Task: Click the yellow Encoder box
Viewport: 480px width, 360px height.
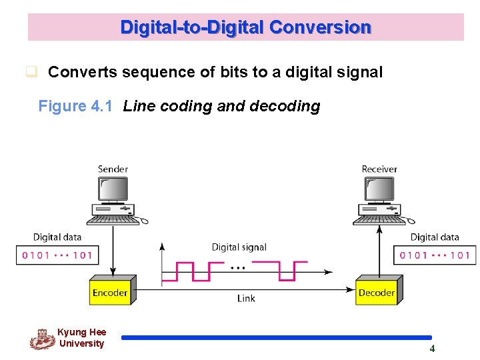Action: (x=110, y=291)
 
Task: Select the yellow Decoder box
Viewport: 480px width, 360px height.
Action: (x=377, y=291)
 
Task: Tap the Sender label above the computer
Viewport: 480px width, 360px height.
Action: (x=113, y=169)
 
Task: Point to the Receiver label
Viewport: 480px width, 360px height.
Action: (x=379, y=169)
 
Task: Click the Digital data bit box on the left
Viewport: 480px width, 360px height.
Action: (x=57, y=255)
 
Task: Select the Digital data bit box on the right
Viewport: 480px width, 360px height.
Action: (x=435, y=255)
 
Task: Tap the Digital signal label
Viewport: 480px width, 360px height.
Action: (x=239, y=247)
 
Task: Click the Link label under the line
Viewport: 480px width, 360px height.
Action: (x=246, y=299)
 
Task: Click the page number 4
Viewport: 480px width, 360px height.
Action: (x=432, y=349)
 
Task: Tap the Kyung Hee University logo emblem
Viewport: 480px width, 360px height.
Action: (x=42, y=339)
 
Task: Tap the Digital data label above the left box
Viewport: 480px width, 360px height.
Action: (x=57, y=237)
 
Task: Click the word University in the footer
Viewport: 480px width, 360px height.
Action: (x=81, y=344)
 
